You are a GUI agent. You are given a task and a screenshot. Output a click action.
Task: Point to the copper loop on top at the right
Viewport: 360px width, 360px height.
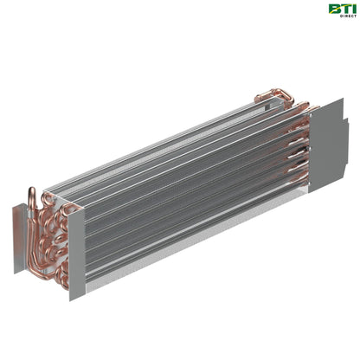pos(275,93)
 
